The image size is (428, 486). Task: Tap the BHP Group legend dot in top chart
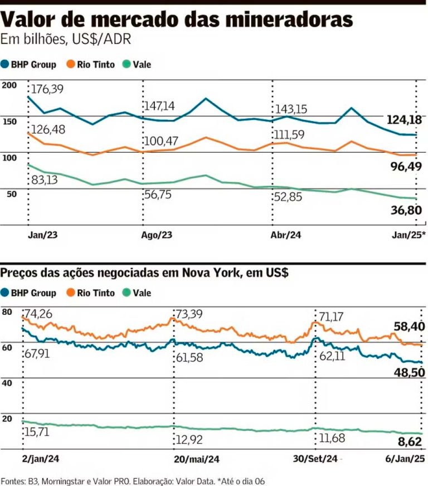5,64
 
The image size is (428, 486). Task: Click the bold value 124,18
405,119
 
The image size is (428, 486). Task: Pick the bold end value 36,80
405,210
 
